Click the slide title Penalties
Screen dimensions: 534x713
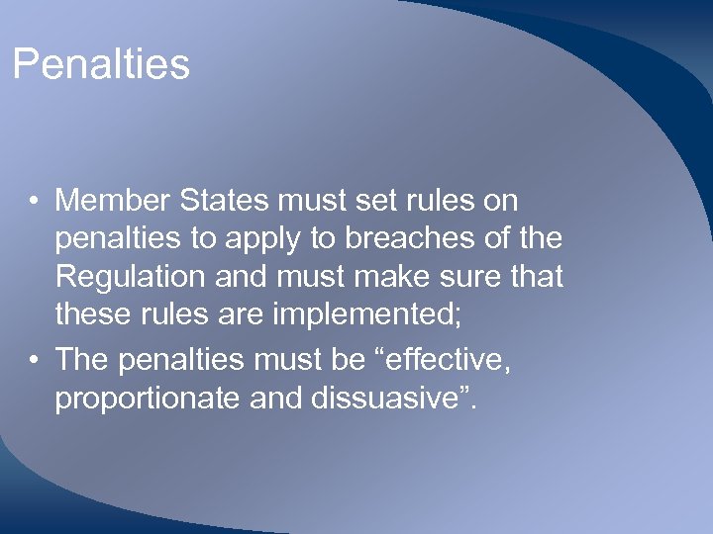pyautogui.click(x=100, y=65)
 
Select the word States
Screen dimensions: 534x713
pyautogui.click(x=224, y=201)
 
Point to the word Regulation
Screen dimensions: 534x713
pyautogui.click(x=128, y=277)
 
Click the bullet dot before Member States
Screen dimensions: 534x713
pyautogui.click(x=35, y=202)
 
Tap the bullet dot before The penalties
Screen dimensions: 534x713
pyautogui.click(x=35, y=361)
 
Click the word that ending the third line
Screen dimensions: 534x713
pyautogui.click(x=530, y=277)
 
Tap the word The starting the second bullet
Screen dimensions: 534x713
pyautogui.click(x=80, y=360)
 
